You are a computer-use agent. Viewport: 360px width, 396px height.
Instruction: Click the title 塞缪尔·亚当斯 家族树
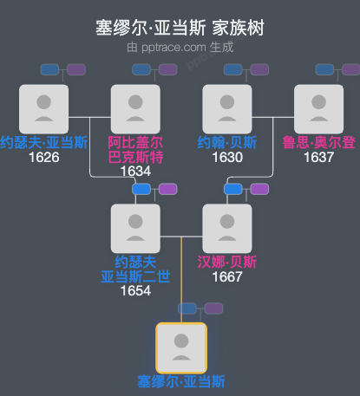pos(180,29)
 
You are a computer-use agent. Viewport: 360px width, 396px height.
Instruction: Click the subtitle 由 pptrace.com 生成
pos(180,47)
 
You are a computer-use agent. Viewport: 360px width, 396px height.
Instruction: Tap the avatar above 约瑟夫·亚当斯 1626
pos(43,109)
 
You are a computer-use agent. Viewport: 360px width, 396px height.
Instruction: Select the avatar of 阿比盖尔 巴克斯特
pos(135,109)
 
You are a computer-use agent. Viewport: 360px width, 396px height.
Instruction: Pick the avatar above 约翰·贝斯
pos(227,109)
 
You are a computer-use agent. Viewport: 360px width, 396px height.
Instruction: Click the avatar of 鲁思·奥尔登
pos(318,109)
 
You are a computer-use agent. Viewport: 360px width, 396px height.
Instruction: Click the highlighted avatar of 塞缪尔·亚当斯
pos(180,347)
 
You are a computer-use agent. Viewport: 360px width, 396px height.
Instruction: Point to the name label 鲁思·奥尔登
pos(318,143)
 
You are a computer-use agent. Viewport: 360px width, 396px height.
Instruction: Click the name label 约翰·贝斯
pos(227,143)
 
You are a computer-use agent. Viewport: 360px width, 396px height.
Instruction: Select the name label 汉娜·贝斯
pos(227,262)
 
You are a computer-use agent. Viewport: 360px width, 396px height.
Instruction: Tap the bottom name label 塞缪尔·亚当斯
pos(180,381)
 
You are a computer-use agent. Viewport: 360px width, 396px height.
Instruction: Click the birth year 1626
pos(43,158)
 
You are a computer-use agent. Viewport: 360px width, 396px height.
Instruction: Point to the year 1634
pos(135,172)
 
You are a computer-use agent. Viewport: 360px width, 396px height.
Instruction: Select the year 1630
pos(227,158)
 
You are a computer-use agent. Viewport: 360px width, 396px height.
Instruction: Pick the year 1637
pos(318,158)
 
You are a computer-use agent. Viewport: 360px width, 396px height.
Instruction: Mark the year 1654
pos(135,290)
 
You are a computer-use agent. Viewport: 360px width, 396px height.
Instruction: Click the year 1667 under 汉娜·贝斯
pos(227,276)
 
